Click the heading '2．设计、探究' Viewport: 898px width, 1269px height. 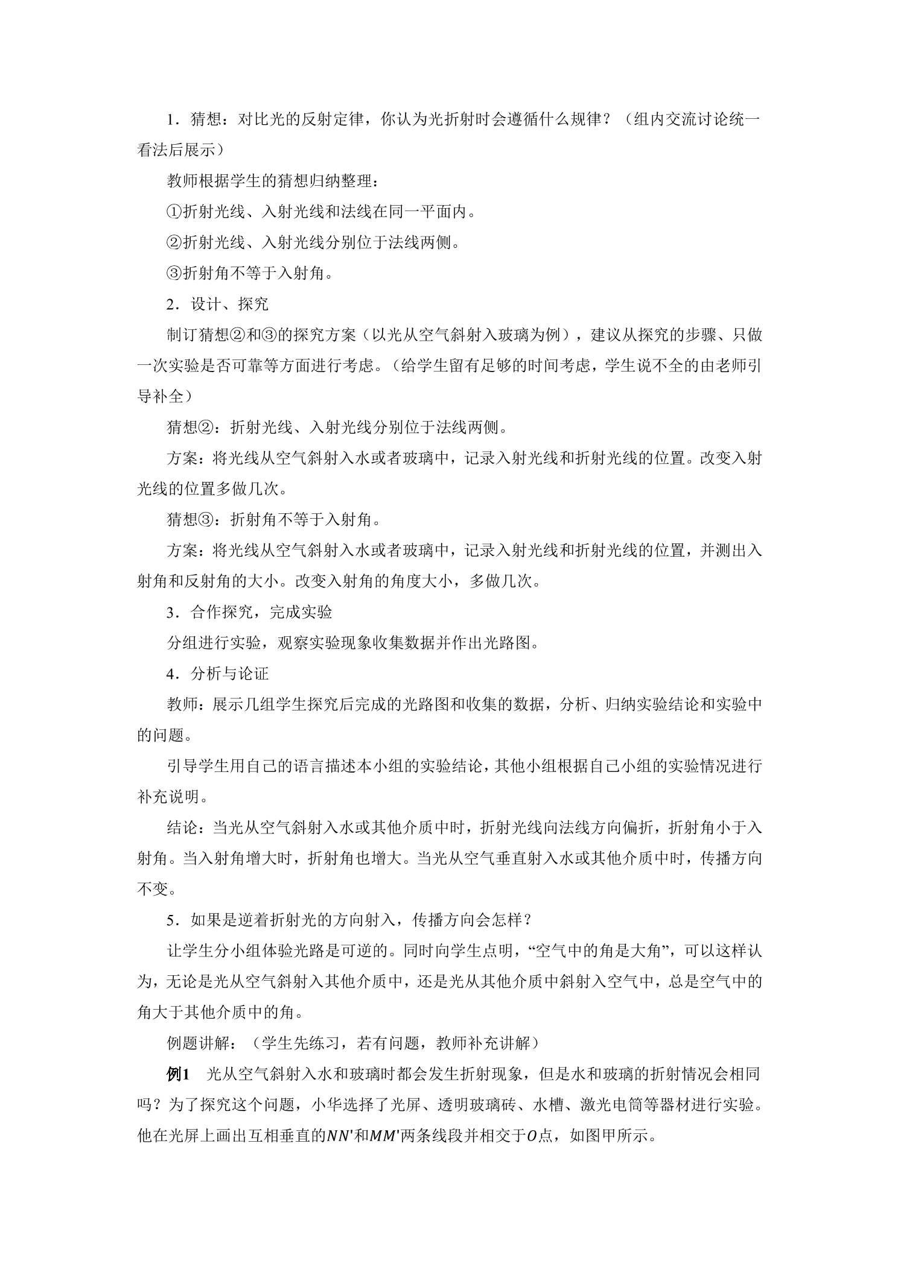[x=217, y=304]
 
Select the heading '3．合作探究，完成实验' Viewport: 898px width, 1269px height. [x=249, y=612]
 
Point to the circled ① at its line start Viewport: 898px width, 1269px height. [x=174, y=212]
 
